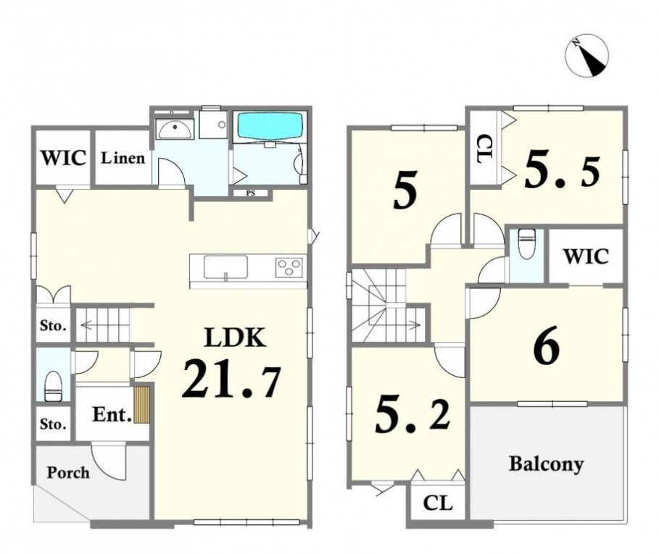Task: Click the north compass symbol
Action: point(587,56)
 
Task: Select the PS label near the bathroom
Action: point(251,193)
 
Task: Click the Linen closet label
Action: point(123,158)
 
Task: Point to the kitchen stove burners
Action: point(289,267)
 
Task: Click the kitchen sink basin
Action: point(225,267)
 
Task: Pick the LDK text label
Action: point(234,338)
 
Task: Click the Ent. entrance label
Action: point(112,415)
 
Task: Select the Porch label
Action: point(68,473)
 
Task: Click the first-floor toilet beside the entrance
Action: point(54,386)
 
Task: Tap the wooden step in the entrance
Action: point(141,405)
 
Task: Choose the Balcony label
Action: point(546,464)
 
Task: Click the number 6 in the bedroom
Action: point(547,345)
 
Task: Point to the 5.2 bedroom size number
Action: point(412,416)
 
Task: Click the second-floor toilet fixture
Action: point(526,244)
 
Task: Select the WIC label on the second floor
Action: point(586,256)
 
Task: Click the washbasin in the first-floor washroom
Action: point(175,128)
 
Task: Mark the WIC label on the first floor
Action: point(64,158)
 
